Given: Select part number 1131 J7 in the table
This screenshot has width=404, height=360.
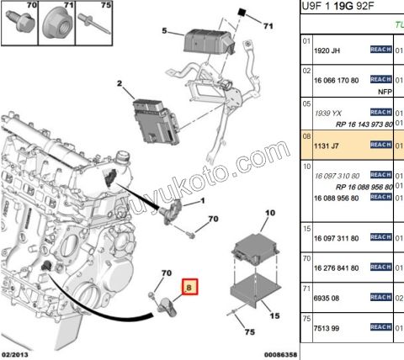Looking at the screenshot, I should pos(327,145).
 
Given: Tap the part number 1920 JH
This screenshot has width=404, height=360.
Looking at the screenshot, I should pos(327,50).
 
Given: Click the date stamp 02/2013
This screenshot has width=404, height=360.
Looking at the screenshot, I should pos(18,354).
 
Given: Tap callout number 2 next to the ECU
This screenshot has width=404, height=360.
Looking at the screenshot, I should pos(120,83).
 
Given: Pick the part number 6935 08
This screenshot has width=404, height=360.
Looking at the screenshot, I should pos(328,298).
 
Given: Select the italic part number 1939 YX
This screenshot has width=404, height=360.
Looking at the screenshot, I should pos(327,111).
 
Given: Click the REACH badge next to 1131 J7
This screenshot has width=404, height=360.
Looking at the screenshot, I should pos(380,145).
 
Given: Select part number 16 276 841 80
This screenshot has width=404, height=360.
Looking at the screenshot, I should pos(337,268).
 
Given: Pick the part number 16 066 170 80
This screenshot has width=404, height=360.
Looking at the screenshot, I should pos(337,81).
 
